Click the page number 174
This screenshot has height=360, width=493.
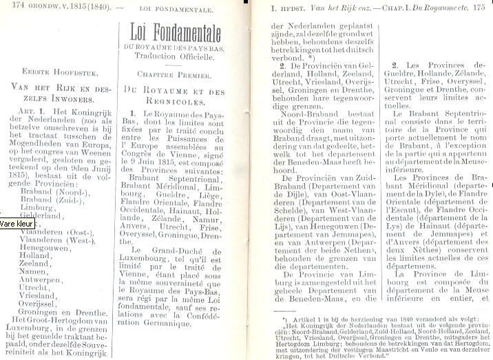click(x=10, y=8)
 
